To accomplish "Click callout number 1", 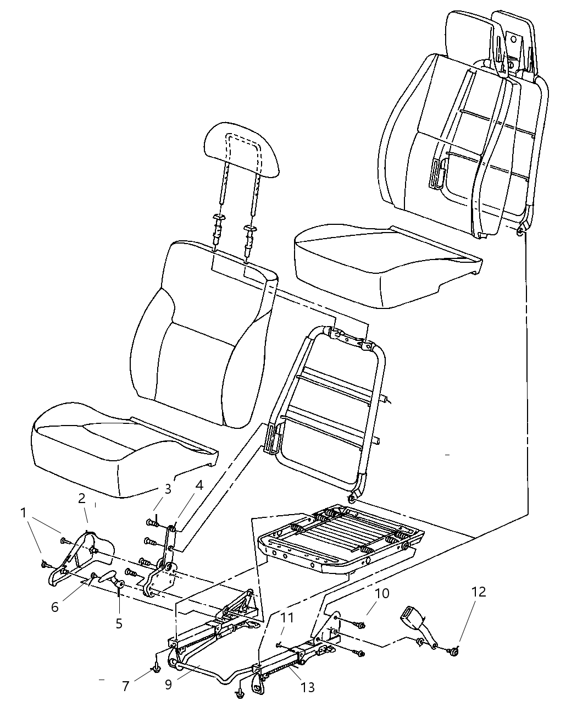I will click(x=23, y=512).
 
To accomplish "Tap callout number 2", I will click(x=81, y=499).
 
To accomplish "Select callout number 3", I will click(x=168, y=488).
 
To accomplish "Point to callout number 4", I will click(x=198, y=485).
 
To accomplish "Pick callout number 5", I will click(x=119, y=623).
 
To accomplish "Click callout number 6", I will click(x=54, y=606).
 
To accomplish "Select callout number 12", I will click(x=479, y=592).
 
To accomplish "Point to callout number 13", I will click(x=308, y=687).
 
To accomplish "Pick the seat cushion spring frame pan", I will click(x=341, y=536).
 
